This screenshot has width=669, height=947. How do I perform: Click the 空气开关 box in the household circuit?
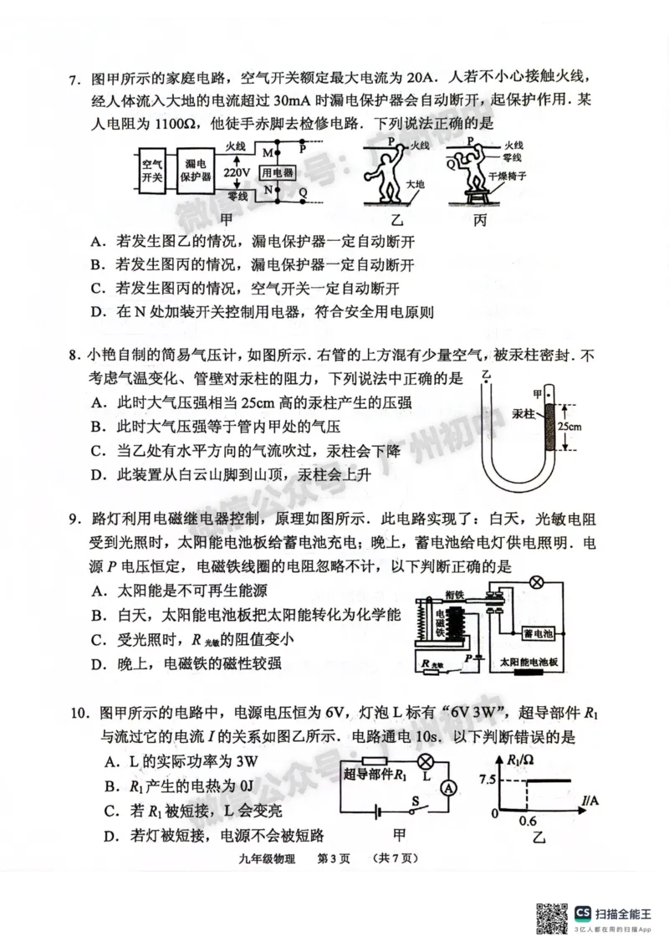pos(152,171)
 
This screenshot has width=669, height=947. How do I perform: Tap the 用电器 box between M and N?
pos(277,172)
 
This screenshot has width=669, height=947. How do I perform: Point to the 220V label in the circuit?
pos(237,172)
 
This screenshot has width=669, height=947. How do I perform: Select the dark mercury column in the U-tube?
pos(549,426)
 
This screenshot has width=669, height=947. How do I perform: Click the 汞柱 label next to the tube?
pos(523,414)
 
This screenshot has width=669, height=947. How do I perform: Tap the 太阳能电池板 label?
pos(534,661)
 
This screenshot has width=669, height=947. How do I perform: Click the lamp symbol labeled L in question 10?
pos(425,761)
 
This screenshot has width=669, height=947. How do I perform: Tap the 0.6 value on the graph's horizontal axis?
pos(528,822)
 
